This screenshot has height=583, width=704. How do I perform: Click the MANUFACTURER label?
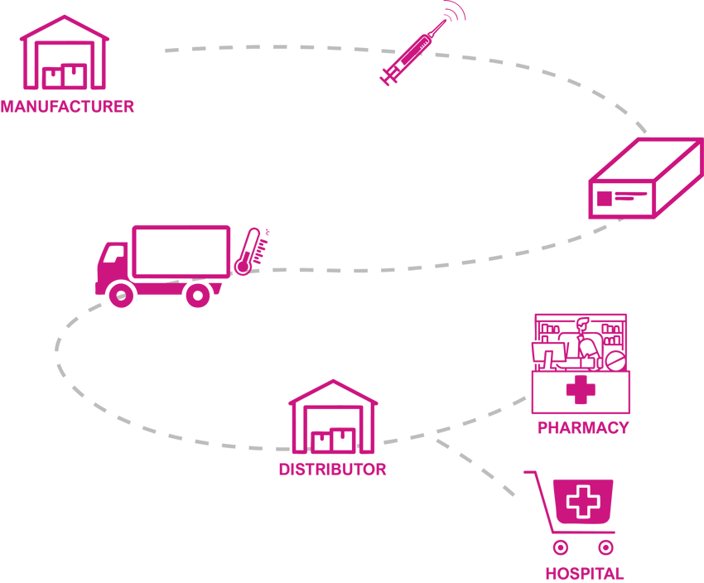click(67, 107)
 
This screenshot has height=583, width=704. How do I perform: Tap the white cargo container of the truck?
click(181, 252)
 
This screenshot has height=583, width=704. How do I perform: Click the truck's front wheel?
click(122, 294)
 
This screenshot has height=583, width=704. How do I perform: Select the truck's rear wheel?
click(198, 294)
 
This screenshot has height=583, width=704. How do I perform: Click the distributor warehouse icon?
click(333, 418)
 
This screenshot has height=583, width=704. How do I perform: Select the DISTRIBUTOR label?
click(333, 470)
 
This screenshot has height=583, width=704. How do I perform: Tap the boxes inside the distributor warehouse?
click(333, 440)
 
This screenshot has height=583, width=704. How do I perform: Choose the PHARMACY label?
click(582, 428)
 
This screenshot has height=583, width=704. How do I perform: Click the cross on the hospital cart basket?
click(584, 500)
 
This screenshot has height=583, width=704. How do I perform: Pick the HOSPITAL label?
click(584, 573)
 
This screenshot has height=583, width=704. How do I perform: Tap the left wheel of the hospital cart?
click(559, 547)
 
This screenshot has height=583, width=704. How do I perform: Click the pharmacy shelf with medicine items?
click(581, 341)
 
